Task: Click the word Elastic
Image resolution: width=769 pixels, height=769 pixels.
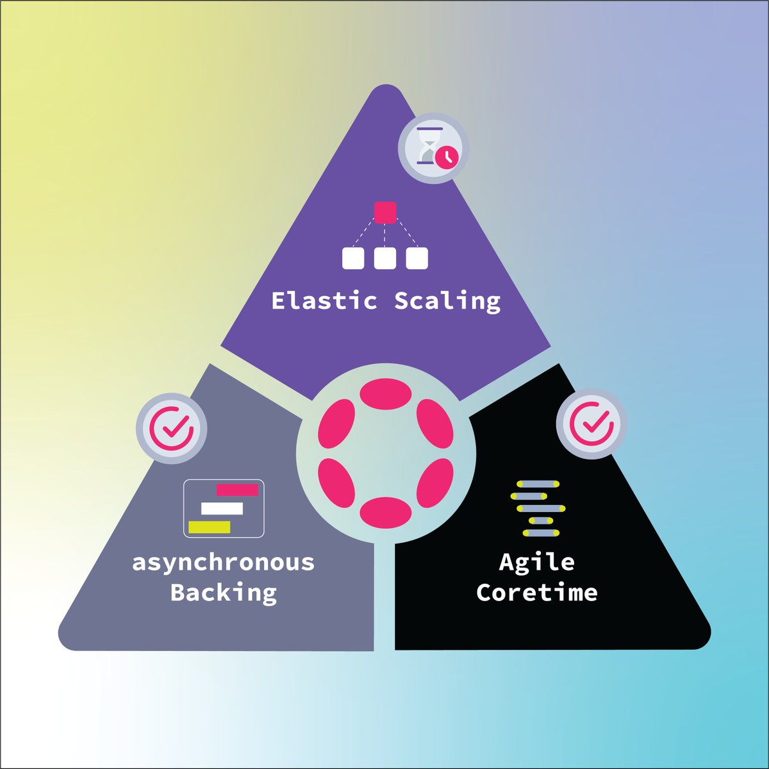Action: coord(324,301)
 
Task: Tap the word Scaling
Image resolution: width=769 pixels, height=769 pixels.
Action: coord(447,301)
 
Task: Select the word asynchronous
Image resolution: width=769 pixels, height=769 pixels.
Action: coord(224,563)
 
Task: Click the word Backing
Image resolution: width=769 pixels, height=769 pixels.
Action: coord(224,592)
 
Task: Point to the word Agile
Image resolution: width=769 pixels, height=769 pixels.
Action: coord(536,562)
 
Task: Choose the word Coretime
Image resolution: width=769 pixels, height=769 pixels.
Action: coord(536,592)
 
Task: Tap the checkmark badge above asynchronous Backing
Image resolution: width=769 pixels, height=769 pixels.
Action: coord(171,427)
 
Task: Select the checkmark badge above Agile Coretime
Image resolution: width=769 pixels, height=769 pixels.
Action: coord(591,423)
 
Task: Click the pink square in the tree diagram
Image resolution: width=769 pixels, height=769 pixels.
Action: coord(385,212)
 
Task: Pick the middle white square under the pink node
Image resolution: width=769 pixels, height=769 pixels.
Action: coord(384,258)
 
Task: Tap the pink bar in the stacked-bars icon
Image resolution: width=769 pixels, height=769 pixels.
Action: coord(237,490)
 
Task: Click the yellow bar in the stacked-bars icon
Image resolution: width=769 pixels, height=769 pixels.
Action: coord(209,527)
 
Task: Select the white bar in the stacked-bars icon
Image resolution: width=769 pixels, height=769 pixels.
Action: coord(222,509)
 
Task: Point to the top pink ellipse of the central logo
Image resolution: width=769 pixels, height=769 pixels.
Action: coord(385,393)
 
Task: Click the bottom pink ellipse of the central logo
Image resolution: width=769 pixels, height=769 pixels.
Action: coord(385,512)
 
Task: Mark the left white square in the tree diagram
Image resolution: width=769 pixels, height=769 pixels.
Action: coord(353,258)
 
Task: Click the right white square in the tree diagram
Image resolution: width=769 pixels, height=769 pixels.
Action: coord(417,258)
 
